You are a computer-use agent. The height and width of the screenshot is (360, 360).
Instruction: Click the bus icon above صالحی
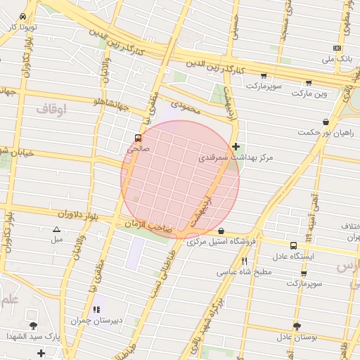[137, 139]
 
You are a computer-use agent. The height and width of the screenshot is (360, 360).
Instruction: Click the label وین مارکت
[311, 93]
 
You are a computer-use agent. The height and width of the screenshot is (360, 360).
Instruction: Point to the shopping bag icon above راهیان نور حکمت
[325, 122]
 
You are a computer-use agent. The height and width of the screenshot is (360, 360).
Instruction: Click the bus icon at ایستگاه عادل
[293, 245]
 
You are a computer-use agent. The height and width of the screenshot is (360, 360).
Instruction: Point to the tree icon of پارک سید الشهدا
[33, 326]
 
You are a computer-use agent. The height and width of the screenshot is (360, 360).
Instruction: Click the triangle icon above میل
[57, 229]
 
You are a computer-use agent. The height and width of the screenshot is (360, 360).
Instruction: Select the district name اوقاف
[51, 109]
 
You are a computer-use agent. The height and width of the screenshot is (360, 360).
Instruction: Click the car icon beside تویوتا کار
[24, 15]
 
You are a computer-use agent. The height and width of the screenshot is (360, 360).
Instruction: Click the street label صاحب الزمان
[148, 225]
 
